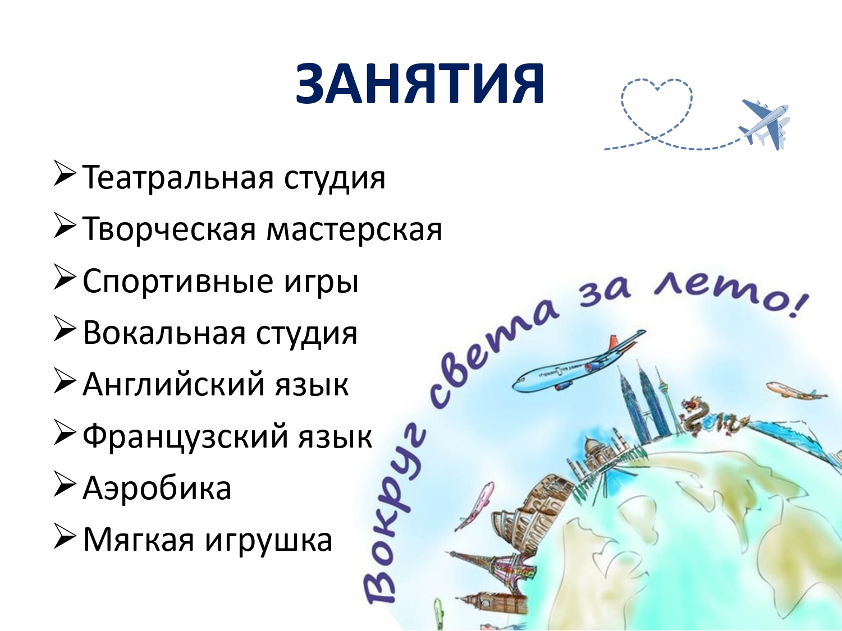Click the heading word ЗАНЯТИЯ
(420, 84)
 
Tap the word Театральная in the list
(179, 177)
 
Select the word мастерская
(354, 229)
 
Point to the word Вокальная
(164, 333)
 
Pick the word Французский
(185, 436)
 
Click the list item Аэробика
(157, 488)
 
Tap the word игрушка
(268, 541)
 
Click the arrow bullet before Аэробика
(63, 484)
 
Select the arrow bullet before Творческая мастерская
(63, 225)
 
